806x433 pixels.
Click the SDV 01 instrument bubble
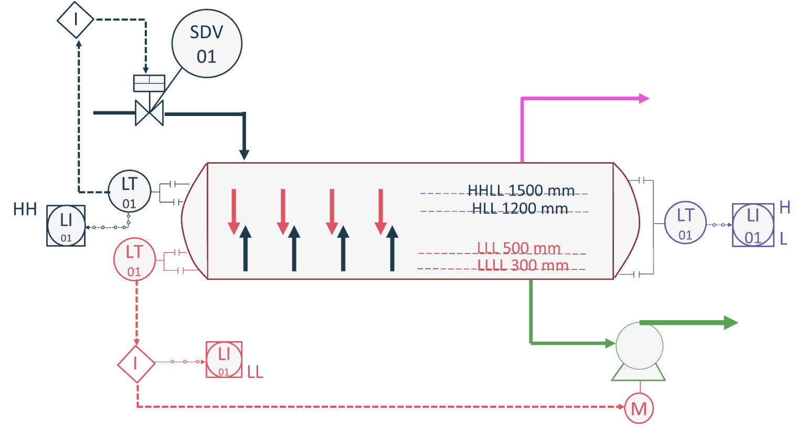(207, 44)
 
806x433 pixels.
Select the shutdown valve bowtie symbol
(150, 113)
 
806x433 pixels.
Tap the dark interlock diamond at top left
(76, 19)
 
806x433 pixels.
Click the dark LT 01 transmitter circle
(130, 192)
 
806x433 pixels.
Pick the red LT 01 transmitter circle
(134, 259)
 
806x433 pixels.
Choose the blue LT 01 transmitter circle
(685, 223)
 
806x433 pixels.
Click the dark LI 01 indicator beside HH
(66, 226)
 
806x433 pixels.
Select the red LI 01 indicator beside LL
(224, 360)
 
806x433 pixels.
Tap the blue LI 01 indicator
(753, 225)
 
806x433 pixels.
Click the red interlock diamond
(136, 363)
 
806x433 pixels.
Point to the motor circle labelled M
(639, 408)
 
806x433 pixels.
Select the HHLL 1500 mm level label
(521, 191)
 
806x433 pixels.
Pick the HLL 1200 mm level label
(519, 209)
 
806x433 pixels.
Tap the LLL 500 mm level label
(518, 248)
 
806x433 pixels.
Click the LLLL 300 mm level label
(523, 266)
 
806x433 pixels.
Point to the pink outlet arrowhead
(644, 98)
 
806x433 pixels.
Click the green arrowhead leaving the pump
(730, 323)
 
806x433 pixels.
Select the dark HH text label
(25, 209)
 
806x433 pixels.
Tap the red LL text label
(255, 372)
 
